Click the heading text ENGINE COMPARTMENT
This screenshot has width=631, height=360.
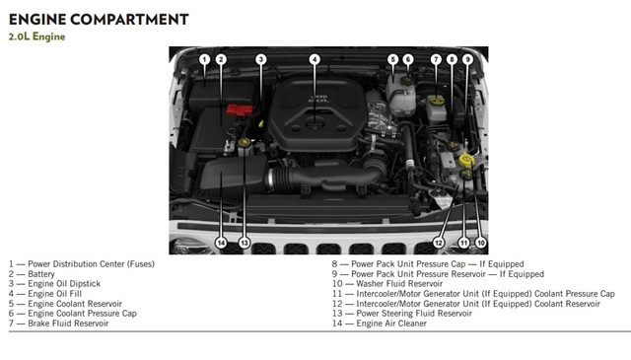(x=99, y=20)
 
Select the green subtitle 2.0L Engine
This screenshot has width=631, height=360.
(x=37, y=36)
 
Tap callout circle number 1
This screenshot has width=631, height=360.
(x=204, y=59)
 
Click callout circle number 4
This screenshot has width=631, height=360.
(x=315, y=59)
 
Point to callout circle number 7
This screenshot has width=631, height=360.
(x=436, y=59)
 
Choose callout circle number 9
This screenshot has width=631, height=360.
(x=467, y=59)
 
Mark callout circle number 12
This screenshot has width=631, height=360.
(x=439, y=243)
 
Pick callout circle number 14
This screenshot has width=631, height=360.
(x=221, y=243)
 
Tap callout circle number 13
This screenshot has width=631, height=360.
(x=245, y=243)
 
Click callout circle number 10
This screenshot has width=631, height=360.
(x=480, y=243)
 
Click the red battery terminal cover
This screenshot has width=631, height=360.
(x=240, y=109)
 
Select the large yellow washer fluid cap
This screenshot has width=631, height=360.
(x=466, y=160)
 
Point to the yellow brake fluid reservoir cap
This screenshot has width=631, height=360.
(x=436, y=101)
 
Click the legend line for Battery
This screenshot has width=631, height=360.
(x=32, y=274)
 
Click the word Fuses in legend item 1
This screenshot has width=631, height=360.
(x=141, y=264)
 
